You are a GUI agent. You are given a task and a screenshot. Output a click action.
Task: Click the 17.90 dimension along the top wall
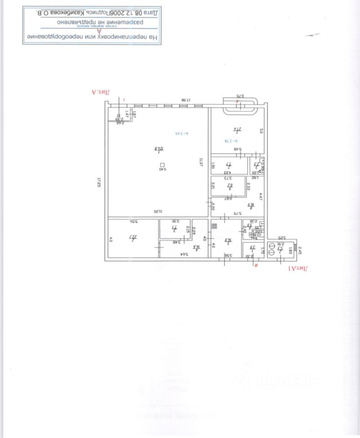pyautogui.click(x=185, y=100)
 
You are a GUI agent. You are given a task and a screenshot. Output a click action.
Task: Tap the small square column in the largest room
pyautogui.click(x=162, y=165)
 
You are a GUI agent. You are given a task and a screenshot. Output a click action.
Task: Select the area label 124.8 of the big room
pyautogui.click(x=159, y=149)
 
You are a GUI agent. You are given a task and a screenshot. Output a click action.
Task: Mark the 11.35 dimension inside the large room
pyautogui.click(x=158, y=212)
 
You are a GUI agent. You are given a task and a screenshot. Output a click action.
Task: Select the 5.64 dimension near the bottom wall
pyautogui.click(x=184, y=255)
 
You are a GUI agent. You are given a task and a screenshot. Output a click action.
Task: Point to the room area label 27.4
pyautogui.click(x=237, y=129)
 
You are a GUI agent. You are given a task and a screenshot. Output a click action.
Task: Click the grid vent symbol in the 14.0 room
pyautogui.click(x=214, y=225)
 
